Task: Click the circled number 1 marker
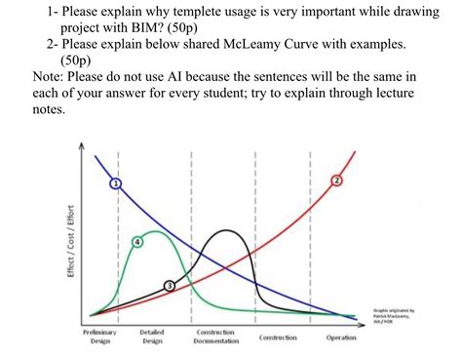[116, 182]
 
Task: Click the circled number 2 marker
[338, 181]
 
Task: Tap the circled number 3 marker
[170, 284]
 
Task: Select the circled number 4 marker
[136, 240]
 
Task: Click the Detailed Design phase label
[152, 337]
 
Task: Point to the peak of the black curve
[227, 231]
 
